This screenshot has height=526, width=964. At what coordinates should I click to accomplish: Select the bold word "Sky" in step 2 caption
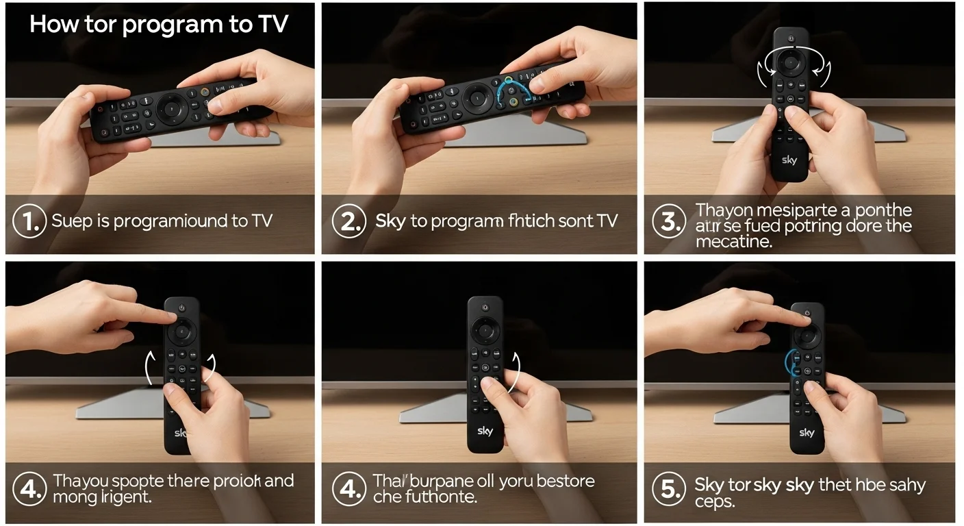tap(390, 221)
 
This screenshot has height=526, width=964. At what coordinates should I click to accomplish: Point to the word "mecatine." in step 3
tap(734, 242)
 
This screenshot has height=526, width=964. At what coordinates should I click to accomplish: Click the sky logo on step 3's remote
tap(789, 160)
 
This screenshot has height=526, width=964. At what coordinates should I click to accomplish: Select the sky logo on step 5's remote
tap(807, 433)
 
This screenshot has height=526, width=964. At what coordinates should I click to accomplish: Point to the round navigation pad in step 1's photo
tap(170, 106)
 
